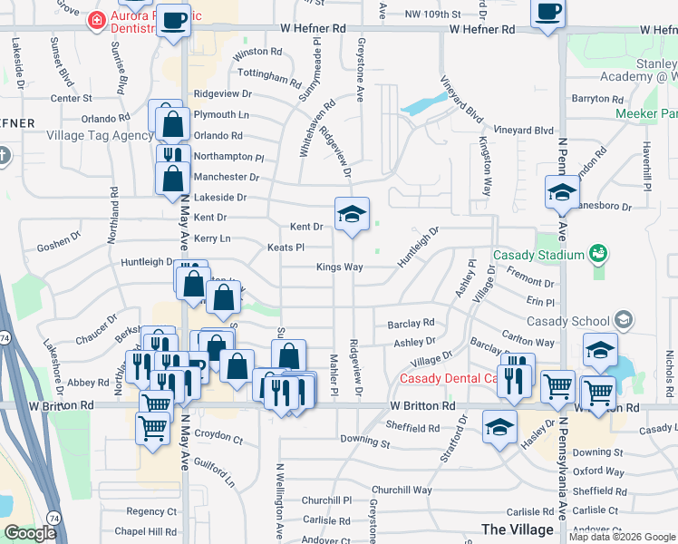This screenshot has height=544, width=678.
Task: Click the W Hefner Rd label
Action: (x=314, y=29)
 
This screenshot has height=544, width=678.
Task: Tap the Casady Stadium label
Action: (x=538, y=255)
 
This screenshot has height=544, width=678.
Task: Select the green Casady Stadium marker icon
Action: (x=597, y=252)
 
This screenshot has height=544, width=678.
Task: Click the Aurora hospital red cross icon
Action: (x=95, y=19)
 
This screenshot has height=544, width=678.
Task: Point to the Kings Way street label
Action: (x=339, y=267)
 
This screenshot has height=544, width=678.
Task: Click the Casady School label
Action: (x=567, y=321)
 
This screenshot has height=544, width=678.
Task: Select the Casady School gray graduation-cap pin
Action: (x=623, y=319)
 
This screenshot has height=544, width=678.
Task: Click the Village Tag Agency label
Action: (x=100, y=135)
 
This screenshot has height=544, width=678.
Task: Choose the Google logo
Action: (x=29, y=533)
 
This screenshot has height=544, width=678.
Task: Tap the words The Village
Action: (x=518, y=529)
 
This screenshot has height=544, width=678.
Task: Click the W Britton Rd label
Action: (x=422, y=407)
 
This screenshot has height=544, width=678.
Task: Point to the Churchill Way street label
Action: (x=401, y=490)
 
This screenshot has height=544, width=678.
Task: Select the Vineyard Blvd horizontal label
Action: (x=524, y=131)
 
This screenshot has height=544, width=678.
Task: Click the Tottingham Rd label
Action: (x=267, y=73)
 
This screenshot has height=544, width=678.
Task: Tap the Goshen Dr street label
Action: (x=58, y=248)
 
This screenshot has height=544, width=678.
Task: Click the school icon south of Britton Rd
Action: (x=499, y=424)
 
